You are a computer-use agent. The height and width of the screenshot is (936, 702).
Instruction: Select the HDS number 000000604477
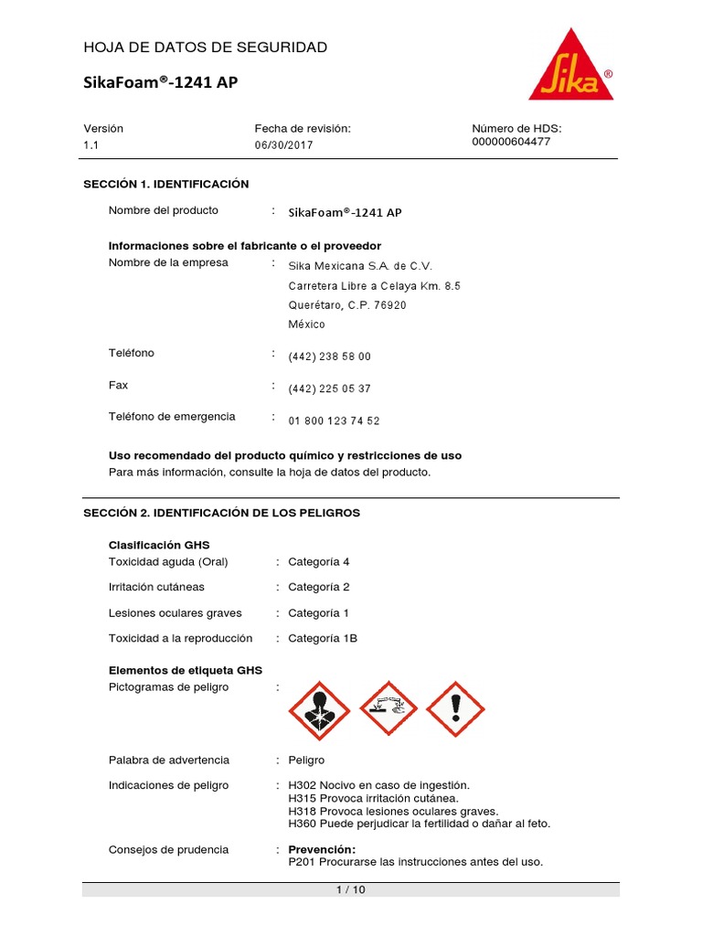pyautogui.click(x=511, y=142)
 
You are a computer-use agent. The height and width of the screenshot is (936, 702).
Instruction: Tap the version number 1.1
pyautogui.click(x=91, y=145)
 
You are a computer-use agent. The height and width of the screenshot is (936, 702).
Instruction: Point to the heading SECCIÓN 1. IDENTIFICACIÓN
pyautogui.click(x=166, y=184)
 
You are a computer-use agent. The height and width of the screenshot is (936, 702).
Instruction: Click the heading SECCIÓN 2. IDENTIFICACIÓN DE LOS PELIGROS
pyautogui.click(x=222, y=513)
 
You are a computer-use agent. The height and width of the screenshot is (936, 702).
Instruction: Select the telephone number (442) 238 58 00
pyautogui.click(x=329, y=356)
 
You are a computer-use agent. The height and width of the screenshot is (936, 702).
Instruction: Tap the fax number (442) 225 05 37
pyautogui.click(x=329, y=388)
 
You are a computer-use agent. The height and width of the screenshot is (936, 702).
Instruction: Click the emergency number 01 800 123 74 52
pyautogui.click(x=334, y=420)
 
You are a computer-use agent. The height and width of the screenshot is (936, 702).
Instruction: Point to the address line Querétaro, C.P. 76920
pyautogui.click(x=347, y=305)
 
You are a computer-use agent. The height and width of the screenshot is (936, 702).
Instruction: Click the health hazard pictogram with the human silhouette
pyautogui.click(x=318, y=709)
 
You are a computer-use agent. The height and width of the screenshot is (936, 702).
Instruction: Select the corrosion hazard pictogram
pyautogui.click(x=388, y=709)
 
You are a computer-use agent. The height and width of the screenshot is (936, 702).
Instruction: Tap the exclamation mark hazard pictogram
pyautogui.click(x=456, y=709)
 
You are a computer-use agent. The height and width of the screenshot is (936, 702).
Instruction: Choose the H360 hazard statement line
pyautogui.click(x=419, y=824)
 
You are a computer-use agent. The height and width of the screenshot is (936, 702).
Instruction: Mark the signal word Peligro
pyautogui.click(x=306, y=760)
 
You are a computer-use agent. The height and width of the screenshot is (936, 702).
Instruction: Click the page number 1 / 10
pyautogui.click(x=351, y=889)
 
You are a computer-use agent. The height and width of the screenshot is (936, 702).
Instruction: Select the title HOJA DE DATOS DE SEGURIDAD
pyautogui.click(x=206, y=48)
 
